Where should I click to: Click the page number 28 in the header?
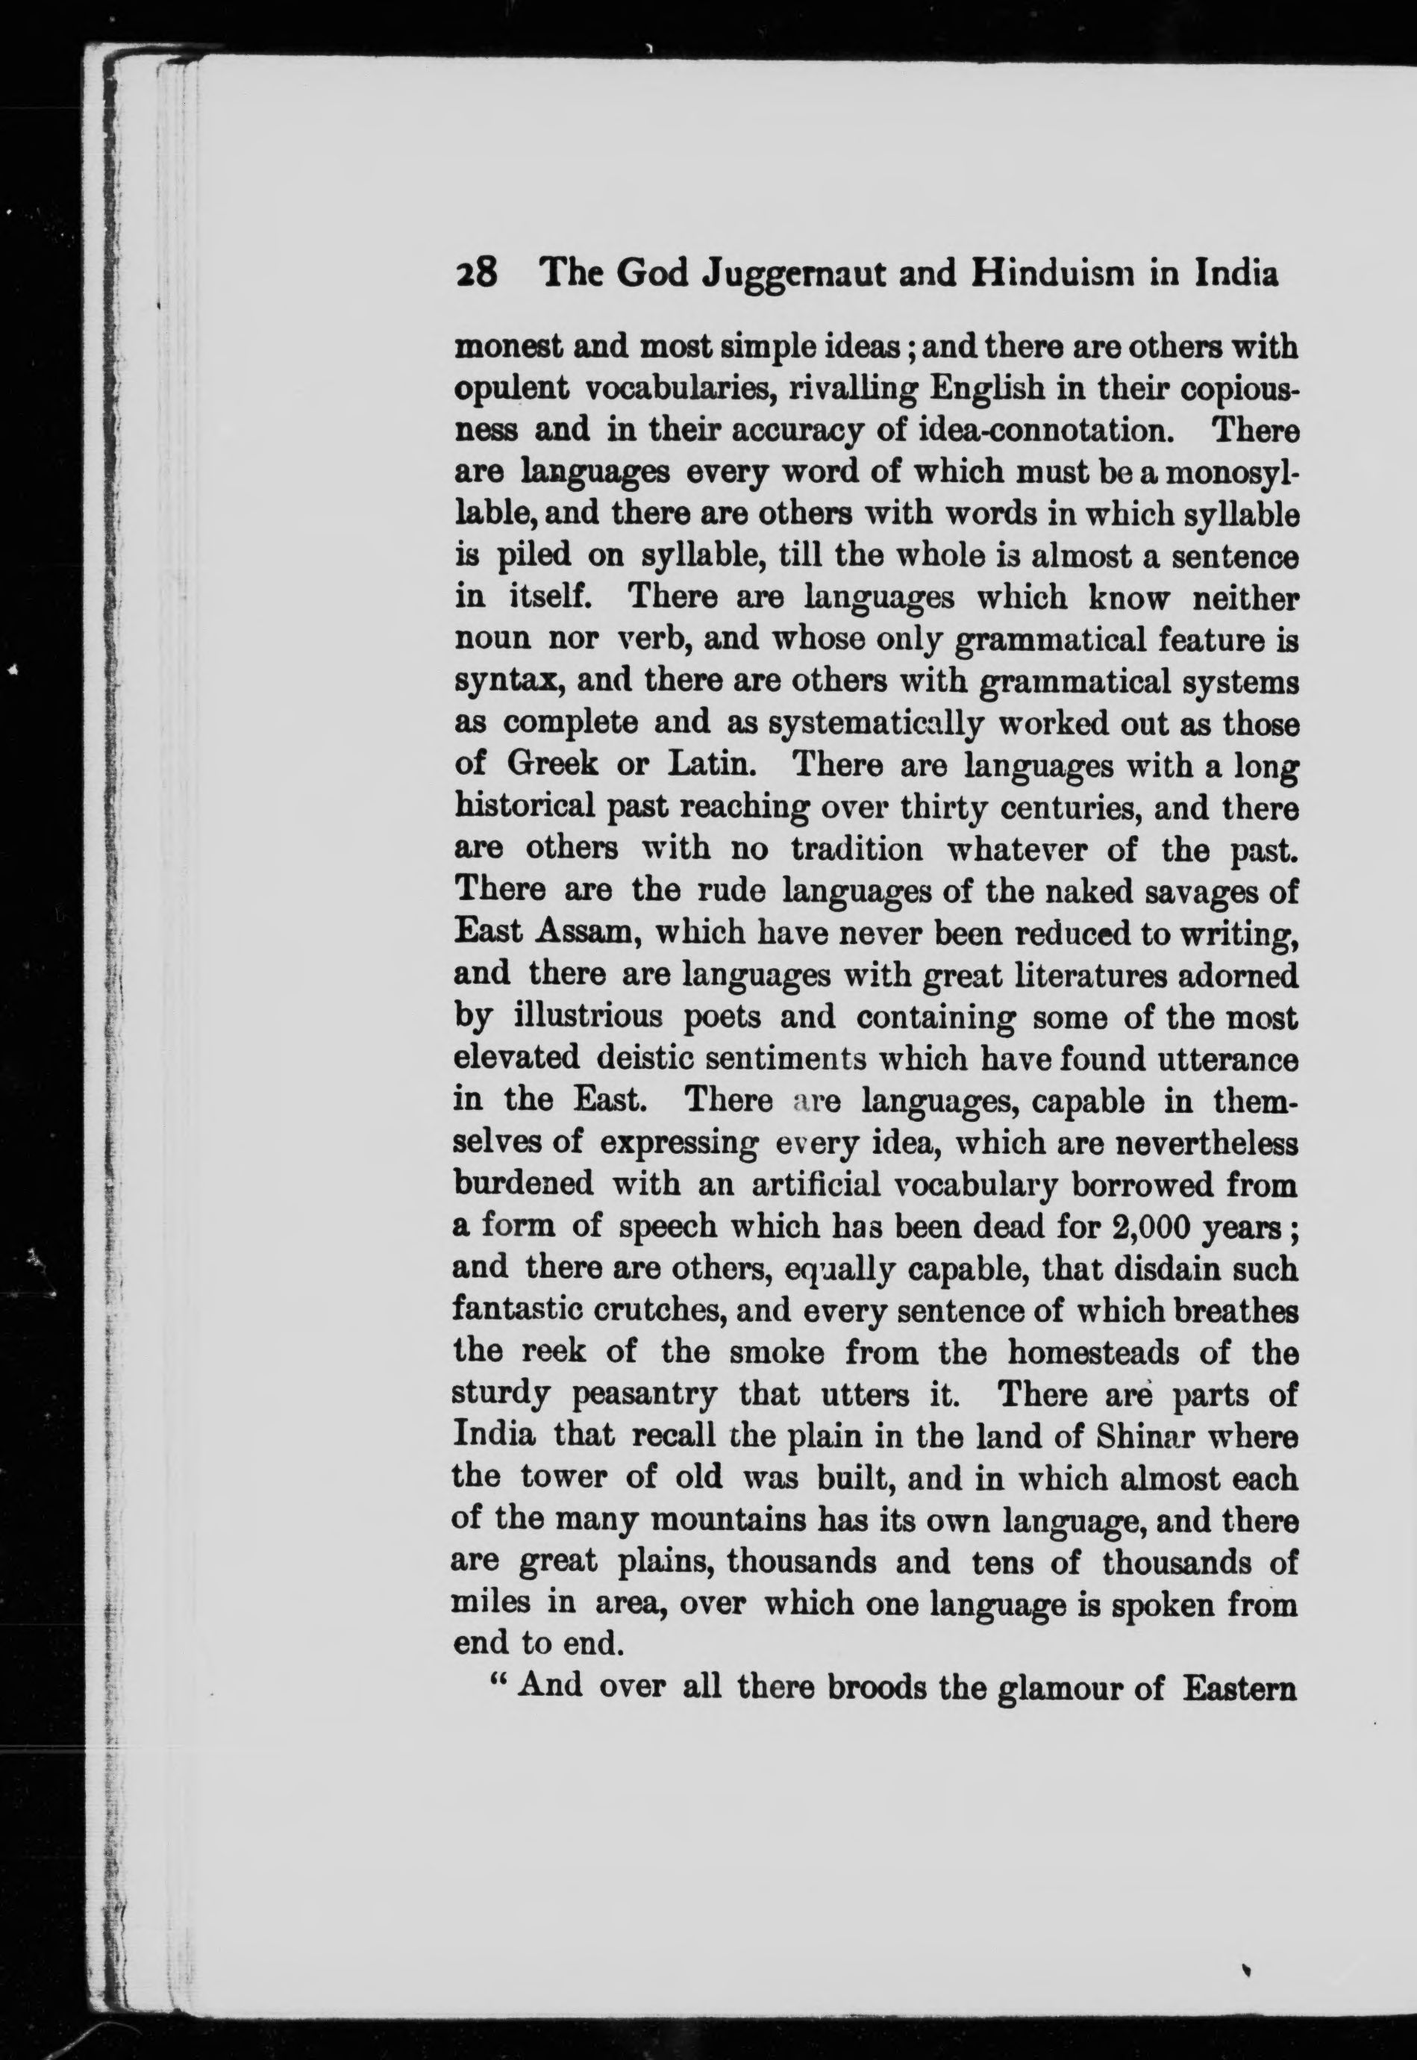(x=478, y=273)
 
